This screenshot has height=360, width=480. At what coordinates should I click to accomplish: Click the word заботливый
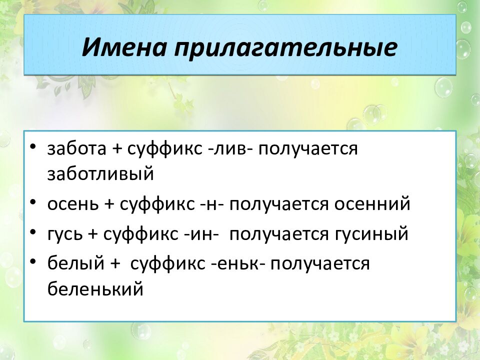click(x=100, y=174)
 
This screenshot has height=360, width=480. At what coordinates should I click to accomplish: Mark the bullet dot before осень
click(x=33, y=203)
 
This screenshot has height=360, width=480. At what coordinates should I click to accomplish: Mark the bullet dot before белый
click(x=33, y=262)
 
